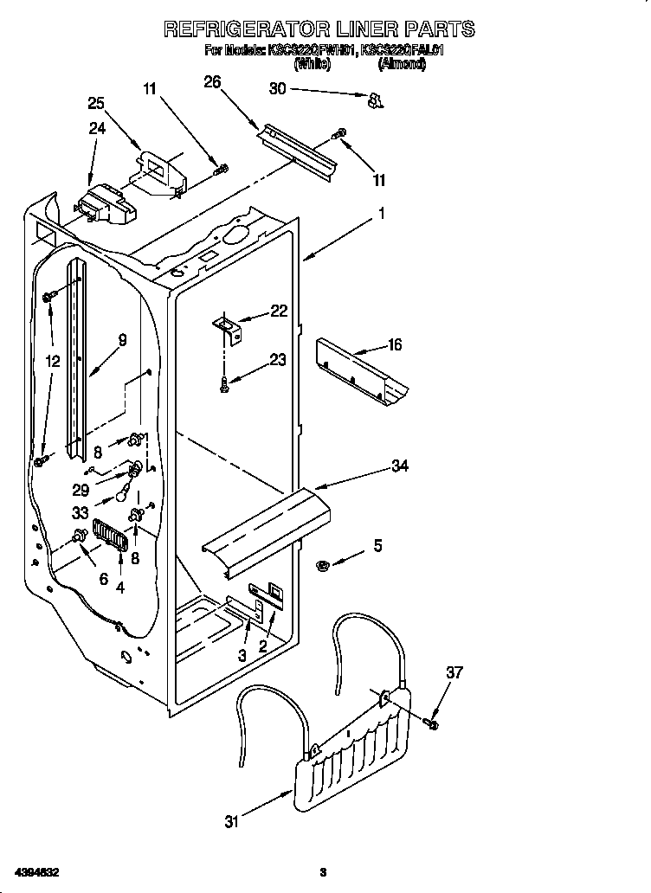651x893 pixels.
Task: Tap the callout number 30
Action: coord(277,87)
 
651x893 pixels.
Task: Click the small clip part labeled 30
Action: coord(375,101)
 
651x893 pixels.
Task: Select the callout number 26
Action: coord(212,82)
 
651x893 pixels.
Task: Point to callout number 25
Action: coord(97,104)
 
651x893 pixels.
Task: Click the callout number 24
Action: coord(97,130)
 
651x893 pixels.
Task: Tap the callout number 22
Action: coord(279,312)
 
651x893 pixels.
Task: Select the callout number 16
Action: coord(394,345)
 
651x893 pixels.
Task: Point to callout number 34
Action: coord(399,466)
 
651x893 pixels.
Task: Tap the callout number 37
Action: coord(454,671)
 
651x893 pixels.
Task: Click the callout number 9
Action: coord(122,341)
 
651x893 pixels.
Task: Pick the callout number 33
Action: coord(80,511)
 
